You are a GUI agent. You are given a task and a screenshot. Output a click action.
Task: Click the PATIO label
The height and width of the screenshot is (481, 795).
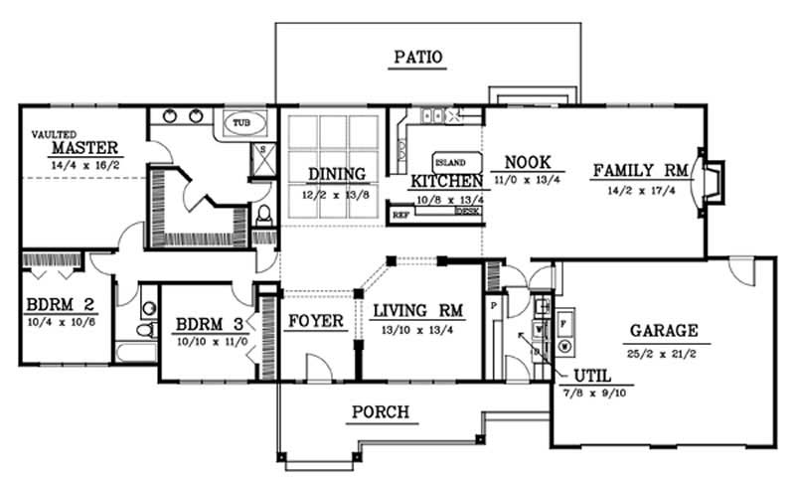(x=416, y=57)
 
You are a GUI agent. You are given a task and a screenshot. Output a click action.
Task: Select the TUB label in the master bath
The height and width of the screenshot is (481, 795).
(x=241, y=123)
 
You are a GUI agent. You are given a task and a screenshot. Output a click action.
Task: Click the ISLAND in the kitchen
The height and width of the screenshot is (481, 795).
(x=450, y=162)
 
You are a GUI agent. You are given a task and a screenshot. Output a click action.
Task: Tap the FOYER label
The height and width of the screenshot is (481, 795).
(x=316, y=322)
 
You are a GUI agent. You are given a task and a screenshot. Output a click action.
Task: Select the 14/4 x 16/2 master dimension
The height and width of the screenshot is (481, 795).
(x=85, y=166)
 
